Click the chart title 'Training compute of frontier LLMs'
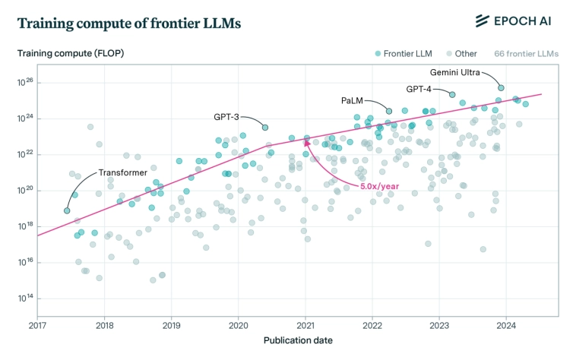[x=128, y=24]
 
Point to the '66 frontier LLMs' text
[x=526, y=54]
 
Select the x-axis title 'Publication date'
[x=298, y=340]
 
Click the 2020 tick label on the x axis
[x=239, y=325]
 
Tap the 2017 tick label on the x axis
[x=38, y=325]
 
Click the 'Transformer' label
[x=122, y=173]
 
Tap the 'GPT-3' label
[x=226, y=117]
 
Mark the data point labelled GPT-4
[x=452, y=95]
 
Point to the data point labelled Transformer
[x=67, y=210]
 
